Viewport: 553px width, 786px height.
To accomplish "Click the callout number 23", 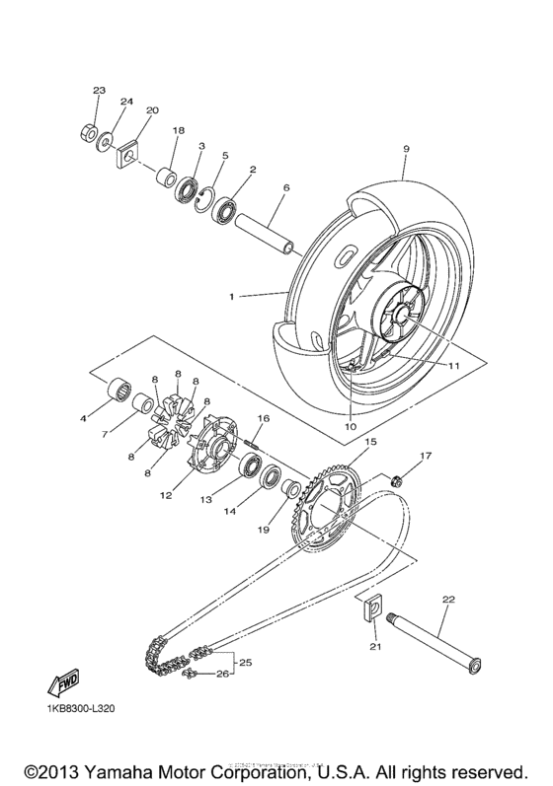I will (x=98, y=91).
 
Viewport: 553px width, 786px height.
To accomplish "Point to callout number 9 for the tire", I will (x=404, y=149).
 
